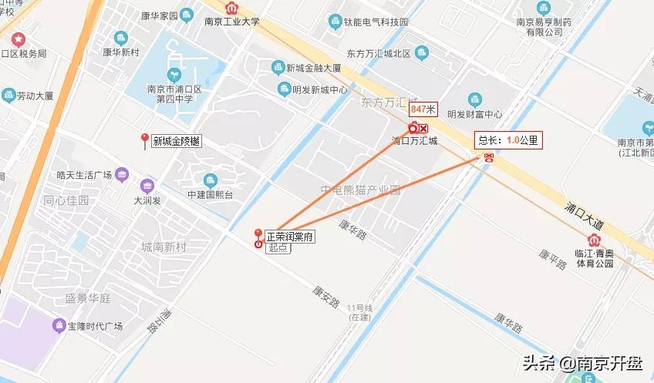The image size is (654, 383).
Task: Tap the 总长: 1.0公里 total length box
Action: pyautogui.click(x=508, y=140)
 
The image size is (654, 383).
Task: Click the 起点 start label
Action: pyautogui.click(x=277, y=248)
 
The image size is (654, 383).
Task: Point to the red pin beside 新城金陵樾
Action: pyautogui.click(x=143, y=139)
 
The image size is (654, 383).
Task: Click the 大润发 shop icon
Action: pyautogui.click(x=147, y=186)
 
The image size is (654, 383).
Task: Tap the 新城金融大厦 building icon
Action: pyautogui.click(x=278, y=68)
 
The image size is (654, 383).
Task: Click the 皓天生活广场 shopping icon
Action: pyautogui.click(x=122, y=174)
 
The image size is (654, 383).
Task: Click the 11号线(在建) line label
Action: pyautogui.click(x=359, y=313)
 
